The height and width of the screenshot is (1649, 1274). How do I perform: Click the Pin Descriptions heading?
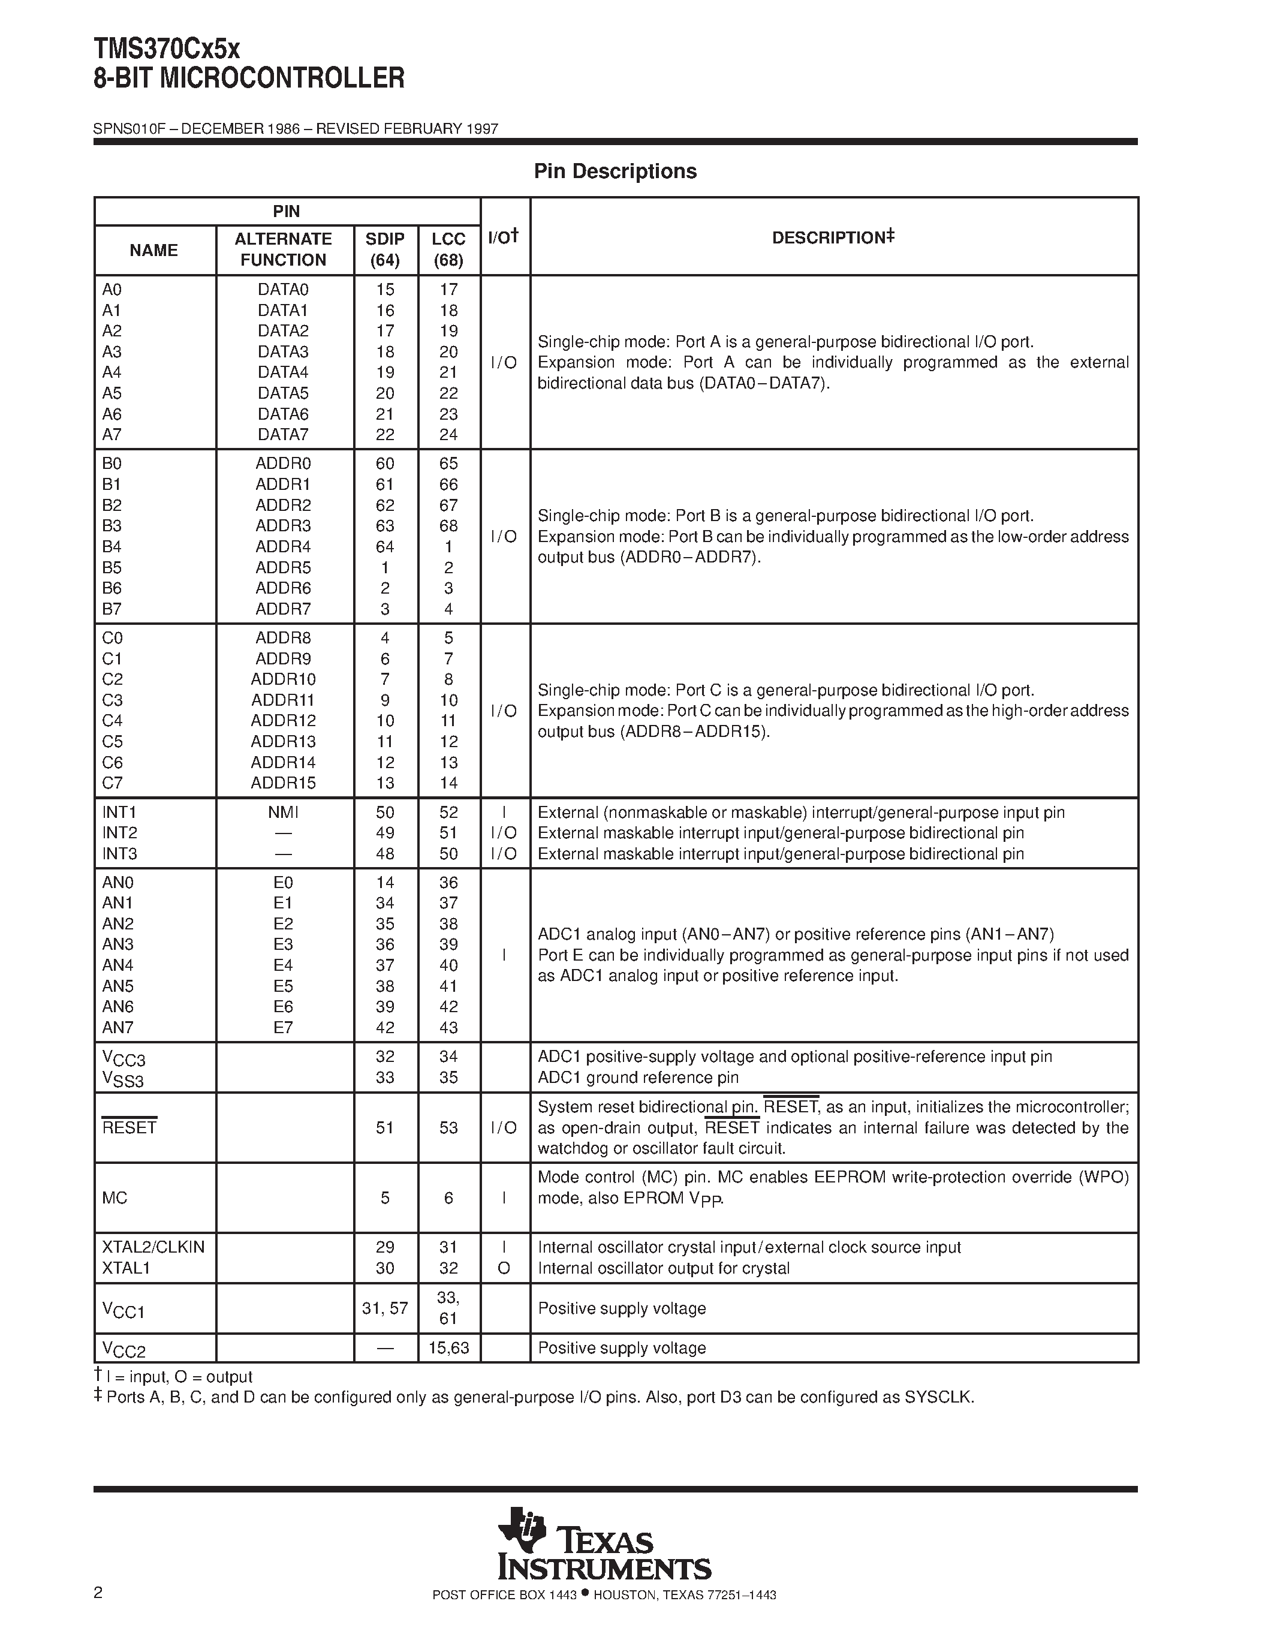pos(615,171)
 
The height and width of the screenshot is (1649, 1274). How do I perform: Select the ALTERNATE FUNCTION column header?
pos(283,249)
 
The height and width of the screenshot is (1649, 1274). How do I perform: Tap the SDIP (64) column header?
pos(385,249)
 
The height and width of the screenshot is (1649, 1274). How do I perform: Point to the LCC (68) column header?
pos(448,249)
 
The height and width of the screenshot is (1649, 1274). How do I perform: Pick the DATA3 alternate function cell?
pos(283,352)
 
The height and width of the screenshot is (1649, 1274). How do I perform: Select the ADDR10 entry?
pos(283,679)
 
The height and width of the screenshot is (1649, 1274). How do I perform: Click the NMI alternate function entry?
pos(283,813)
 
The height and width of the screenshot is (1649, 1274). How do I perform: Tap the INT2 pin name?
pos(119,833)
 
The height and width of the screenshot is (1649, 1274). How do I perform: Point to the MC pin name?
pos(115,1198)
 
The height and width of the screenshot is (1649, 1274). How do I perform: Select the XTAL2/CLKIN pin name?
pos(153,1247)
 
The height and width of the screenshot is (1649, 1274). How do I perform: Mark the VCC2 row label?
pos(123,1349)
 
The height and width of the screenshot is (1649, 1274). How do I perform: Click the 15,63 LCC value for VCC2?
pos(448,1348)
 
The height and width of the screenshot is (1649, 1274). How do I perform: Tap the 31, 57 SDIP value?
pos(385,1308)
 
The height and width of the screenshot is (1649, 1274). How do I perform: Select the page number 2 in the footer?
pos(98,1593)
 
